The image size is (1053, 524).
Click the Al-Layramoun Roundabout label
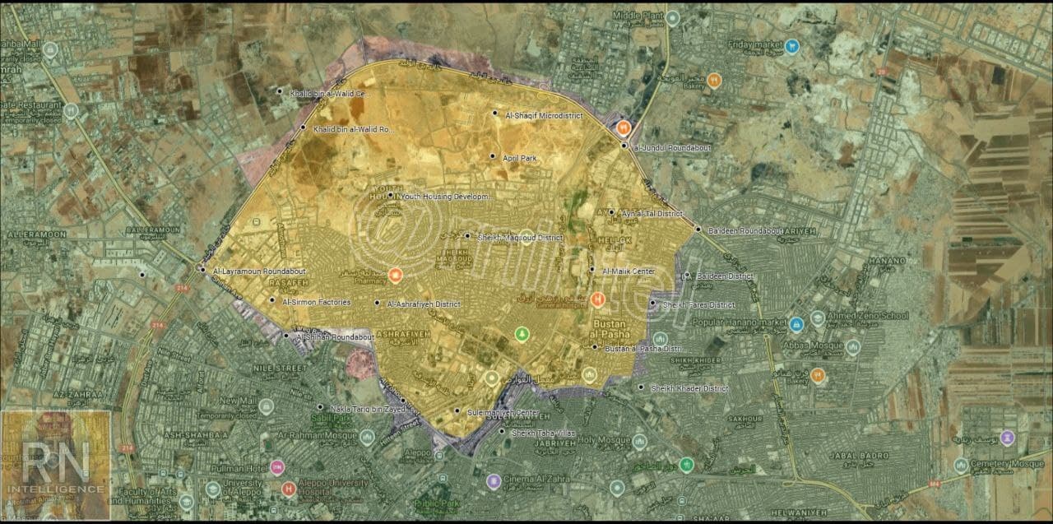point(258,271)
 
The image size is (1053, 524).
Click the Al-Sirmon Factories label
point(316,302)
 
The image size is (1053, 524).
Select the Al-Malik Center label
point(629,271)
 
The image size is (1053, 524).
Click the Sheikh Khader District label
point(689,388)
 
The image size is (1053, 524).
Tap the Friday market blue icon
point(791,46)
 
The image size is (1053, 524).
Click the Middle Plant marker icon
point(673,17)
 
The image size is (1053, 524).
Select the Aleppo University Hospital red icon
point(288,489)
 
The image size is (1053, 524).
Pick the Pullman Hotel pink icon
point(277,467)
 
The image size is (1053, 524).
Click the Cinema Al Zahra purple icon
point(493,481)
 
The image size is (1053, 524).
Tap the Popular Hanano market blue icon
point(796,324)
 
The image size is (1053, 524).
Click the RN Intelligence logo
point(56,466)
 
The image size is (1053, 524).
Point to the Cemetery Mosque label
point(1009,464)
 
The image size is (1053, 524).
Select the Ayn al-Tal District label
point(652,213)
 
